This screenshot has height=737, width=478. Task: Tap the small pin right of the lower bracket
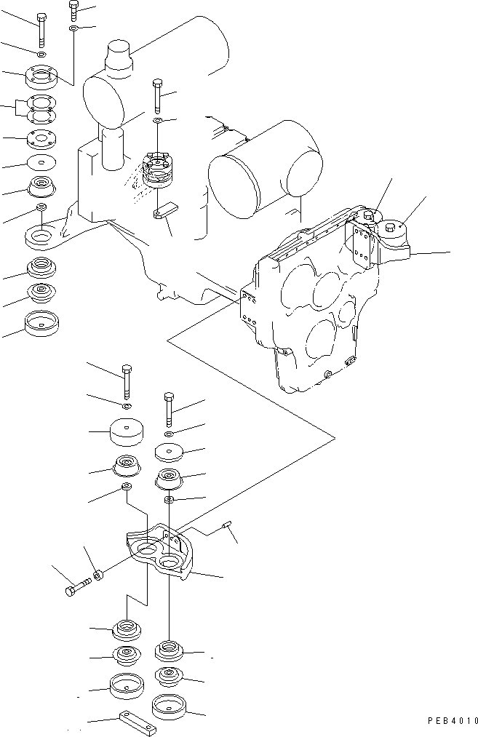click(228, 524)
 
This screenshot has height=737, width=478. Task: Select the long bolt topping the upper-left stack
click(41, 29)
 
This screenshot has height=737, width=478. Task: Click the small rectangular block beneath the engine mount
click(167, 210)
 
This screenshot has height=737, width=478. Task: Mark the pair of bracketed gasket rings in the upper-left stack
click(43, 108)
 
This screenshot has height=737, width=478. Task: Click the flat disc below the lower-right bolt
click(169, 453)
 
